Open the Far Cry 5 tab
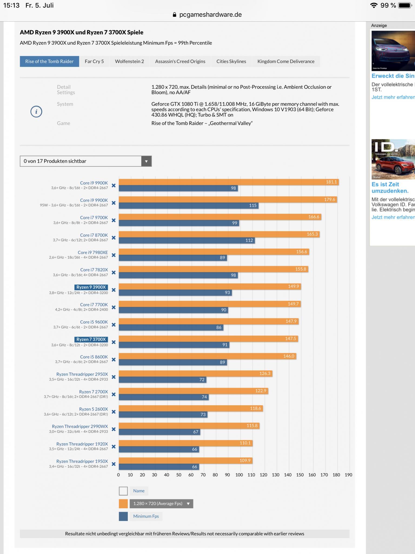click(94, 61)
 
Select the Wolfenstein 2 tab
click(129, 61)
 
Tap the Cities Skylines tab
click(231, 61)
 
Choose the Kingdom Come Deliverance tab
click(286, 61)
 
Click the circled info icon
click(36, 112)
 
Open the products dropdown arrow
click(146, 161)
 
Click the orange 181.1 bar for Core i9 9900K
click(228, 182)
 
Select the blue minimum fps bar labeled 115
click(188, 205)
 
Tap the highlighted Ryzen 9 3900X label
click(91, 287)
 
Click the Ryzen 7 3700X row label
click(91, 339)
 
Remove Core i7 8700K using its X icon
click(114, 238)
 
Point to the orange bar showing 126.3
click(195, 373)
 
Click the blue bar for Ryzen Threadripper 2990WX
click(159, 432)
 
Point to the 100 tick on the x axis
click(239, 475)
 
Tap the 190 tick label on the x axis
click(348, 475)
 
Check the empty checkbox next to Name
click(123, 491)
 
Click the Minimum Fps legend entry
click(146, 516)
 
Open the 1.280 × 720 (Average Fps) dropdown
click(161, 504)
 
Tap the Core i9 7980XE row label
click(93, 253)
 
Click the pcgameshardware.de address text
click(210, 15)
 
